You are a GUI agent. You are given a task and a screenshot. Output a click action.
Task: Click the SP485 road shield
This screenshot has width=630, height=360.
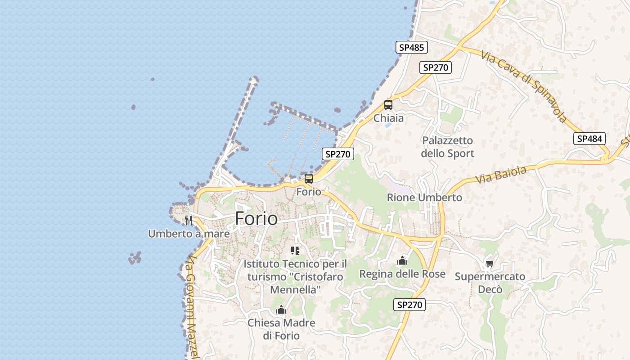click(x=412, y=47)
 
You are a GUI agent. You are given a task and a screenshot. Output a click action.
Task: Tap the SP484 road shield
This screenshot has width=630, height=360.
click(x=589, y=139)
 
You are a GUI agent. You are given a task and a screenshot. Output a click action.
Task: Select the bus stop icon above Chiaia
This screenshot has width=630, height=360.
click(x=388, y=105)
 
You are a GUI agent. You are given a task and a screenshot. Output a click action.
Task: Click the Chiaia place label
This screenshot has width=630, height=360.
click(x=389, y=118)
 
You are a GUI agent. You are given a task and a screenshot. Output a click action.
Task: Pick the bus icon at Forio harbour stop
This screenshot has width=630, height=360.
click(x=309, y=178)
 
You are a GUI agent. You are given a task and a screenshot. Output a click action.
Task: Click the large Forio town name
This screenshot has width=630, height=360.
click(x=256, y=219)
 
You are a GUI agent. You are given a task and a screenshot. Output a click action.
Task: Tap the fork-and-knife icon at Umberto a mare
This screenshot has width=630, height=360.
click(x=189, y=220)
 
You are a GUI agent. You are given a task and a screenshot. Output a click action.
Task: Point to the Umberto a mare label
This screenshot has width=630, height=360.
click(x=189, y=234)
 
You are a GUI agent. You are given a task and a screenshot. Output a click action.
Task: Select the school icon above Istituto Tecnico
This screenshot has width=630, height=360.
click(x=295, y=250)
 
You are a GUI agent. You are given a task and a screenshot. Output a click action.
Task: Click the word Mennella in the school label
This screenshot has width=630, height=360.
click(x=295, y=290)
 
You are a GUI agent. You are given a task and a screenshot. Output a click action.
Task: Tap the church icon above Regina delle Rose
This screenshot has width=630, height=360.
click(x=402, y=261)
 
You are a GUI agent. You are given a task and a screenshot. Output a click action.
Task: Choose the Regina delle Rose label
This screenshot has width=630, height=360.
click(x=402, y=274)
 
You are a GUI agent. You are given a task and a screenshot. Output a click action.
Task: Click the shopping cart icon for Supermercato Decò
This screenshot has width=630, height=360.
click(x=490, y=263)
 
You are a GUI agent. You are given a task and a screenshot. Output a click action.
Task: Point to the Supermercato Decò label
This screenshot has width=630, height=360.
click(x=490, y=283)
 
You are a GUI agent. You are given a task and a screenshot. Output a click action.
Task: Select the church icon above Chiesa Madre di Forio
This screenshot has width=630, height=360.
click(x=281, y=310)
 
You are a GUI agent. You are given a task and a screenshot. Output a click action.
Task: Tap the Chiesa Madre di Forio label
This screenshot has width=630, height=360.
click(x=281, y=329)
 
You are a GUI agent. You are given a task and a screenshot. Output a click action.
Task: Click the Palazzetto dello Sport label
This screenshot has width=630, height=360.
click(x=447, y=147)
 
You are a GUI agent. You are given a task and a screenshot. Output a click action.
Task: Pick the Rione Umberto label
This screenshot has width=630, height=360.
click(x=424, y=198)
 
